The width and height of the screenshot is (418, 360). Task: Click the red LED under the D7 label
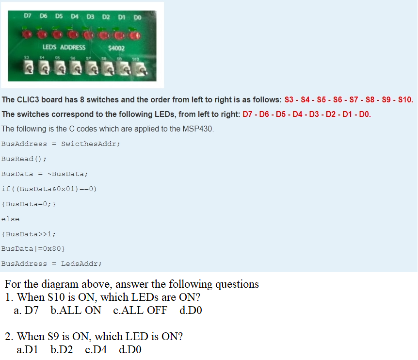tap(27, 34)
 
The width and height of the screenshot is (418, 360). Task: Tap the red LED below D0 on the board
tap(136, 35)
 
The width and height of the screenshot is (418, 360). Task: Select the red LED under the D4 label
tap(73, 34)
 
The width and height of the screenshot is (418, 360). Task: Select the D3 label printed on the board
tap(90, 17)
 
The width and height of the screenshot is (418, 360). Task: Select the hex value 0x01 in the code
tap(64, 189)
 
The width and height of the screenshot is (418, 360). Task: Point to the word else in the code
tap(10, 219)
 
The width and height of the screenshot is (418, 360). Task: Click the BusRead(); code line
tap(24, 159)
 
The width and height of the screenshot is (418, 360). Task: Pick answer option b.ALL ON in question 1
tap(76, 310)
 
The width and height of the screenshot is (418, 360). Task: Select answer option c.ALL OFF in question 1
tap(140, 310)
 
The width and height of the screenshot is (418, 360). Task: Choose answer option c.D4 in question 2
tap(96, 349)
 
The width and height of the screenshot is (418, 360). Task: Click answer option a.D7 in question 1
tap(26, 310)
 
